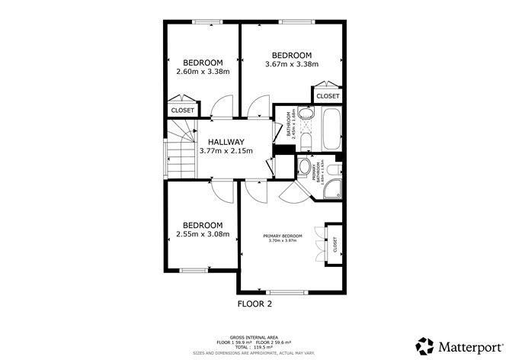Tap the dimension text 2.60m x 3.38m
pyautogui.click(x=203, y=72)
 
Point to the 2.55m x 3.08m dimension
pyautogui.click(x=203, y=234)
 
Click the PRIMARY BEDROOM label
pyautogui.click(x=283, y=236)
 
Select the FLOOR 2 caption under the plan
pyautogui.click(x=254, y=304)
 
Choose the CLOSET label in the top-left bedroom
pyautogui.click(x=183, y=111)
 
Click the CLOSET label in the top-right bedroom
pyautogui.click(x=328, y=96)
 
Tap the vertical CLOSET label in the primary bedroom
pyautogui.click(x=335, y=244)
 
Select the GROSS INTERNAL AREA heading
pyautogui.click(x=254, y=335)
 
